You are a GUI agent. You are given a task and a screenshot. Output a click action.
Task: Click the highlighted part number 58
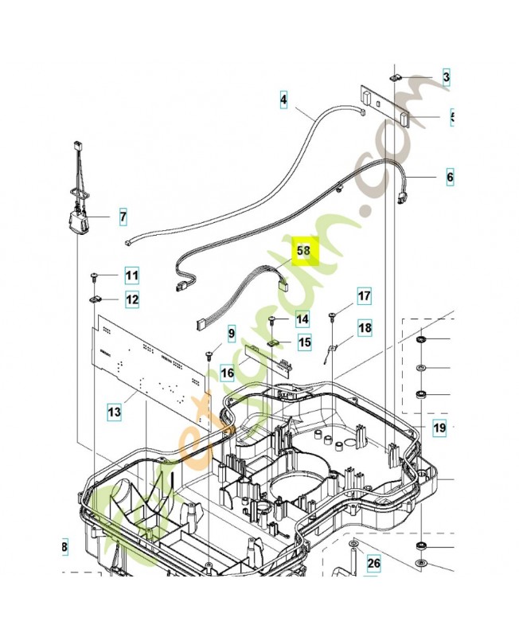click(303, 251)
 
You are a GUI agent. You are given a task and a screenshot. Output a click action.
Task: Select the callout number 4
click(282, 101)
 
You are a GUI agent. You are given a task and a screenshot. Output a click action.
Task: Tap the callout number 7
click(123, 216)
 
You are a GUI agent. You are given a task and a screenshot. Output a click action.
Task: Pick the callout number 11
click(131, 276)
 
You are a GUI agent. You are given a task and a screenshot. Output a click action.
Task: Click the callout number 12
click(131, 300)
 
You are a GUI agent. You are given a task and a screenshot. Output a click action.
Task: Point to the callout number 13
click(115, 412)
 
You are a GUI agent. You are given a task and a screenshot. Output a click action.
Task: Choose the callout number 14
click(301, 319)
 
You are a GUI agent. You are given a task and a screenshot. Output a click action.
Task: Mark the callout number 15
click(304, 342)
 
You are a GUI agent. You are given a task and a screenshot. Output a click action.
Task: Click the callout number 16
click(227, 372)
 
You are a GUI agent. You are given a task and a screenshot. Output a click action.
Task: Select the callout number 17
click(363, 296)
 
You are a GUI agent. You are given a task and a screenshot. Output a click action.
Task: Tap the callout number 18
click(364, 327)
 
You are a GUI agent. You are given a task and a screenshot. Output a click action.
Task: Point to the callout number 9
click(232, 332)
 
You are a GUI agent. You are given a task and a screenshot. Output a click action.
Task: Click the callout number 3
click(446, 77)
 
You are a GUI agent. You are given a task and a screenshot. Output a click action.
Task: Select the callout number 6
click(449, 177)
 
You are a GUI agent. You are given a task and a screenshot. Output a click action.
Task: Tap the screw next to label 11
click(93, 276)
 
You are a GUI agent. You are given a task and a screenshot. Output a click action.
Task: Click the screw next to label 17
click(332, 316)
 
